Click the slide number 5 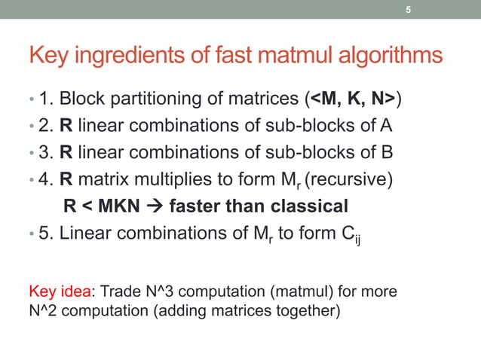pyautogui.click(x=408, y=10)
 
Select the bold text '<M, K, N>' pyautogui.click(x=353, y=99)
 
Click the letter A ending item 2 pyautogui.click(x=387, y=125)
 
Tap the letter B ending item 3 pyautogui.click(x=388, y=152)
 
